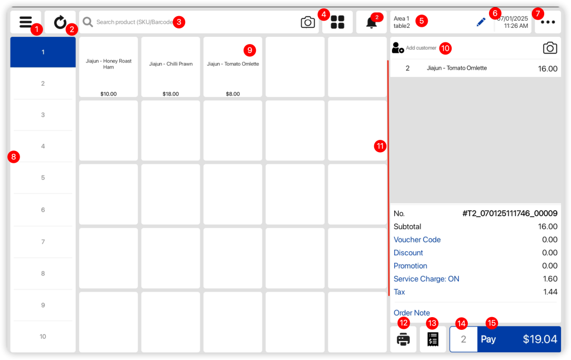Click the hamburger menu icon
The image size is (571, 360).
coord(25,22)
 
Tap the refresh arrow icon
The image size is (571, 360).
coord(60,22)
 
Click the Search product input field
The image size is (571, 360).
coord(134,22)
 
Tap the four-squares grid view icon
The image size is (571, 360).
coord(337,22)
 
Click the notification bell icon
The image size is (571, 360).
coord(371,23)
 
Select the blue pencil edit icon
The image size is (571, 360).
coord(481,22)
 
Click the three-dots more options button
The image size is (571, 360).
coord(548,22)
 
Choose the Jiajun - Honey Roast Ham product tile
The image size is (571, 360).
coord(109,67)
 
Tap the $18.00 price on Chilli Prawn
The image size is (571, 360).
coord(171,94)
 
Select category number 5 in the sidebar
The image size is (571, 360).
coord(43,178)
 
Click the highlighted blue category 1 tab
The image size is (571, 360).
coord(43,52)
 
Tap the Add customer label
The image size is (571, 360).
coord(421,48)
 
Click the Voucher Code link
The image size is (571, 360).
coord(417,240)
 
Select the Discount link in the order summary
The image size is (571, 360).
coord(408,253)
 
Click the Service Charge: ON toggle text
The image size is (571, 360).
coord(427,279)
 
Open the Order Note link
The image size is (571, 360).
coord(412,313)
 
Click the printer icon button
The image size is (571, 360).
coord(403,339)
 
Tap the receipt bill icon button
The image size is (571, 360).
coord(433,339)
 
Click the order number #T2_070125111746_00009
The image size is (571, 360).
coord(510,213)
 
